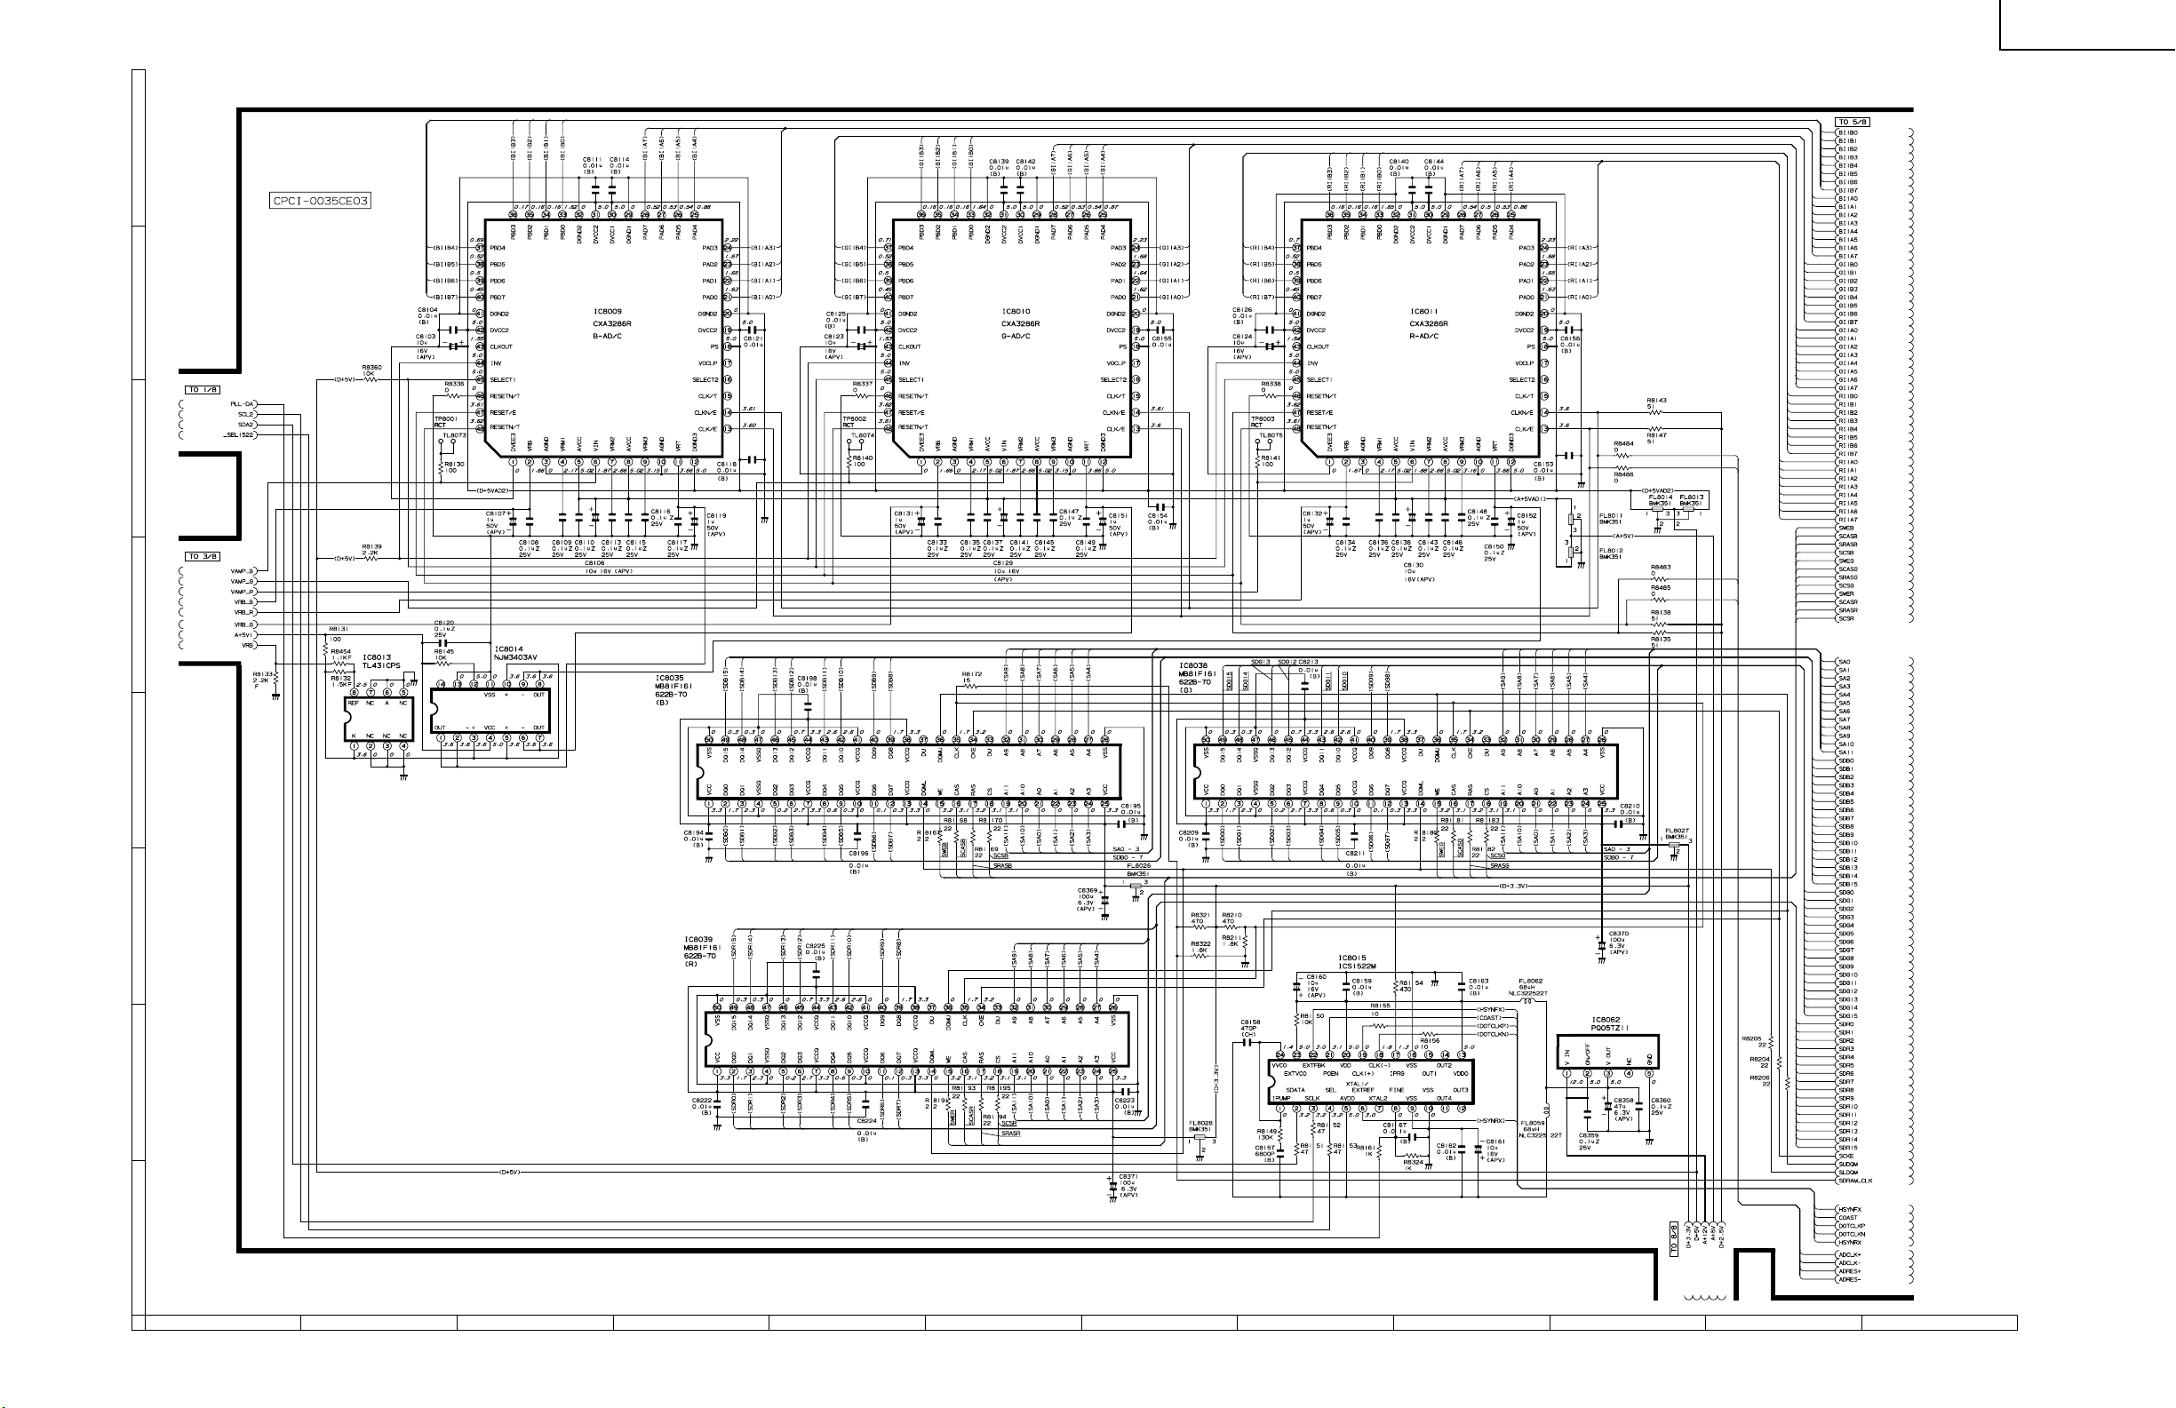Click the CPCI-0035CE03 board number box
pyautogui.click(x=321, y=200)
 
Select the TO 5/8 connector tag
pyautogui.click(x=1853, y=122)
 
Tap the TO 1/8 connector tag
pyautogui.click(x=203, y=389)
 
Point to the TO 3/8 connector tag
pyautogui.click(x=203, y=556)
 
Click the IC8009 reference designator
pyautogui.click(x=608, y=312)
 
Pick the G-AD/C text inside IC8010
pyautogui.click(x=1016, y=336)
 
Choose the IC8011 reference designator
pyautogui.click(x=1424, y=312)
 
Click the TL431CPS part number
pyautogui.click(x=381, y=665)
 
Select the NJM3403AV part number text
pyautogui.click(x=515, y=657)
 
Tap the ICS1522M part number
pyautogui.click(x=1358, y=967)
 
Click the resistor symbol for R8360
pyautogui.click(x=371, y=379)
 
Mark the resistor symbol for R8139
pyautogui.click(x=371, y=558)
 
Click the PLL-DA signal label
pyautogui.click(x=243, y=403)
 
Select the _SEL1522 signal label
pyautogui.click(x=239, y=434)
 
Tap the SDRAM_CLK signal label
pyautogui.click(x=1856, y=1181)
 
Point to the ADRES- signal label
pyautogui.click(x=1850, y=1279)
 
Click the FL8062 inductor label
pyautogui.click(x=1531, y=981)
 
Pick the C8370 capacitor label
pyautogui.click(x=1618, y=934)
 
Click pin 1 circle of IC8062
pyautogui.click(x=1567, y=1073)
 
